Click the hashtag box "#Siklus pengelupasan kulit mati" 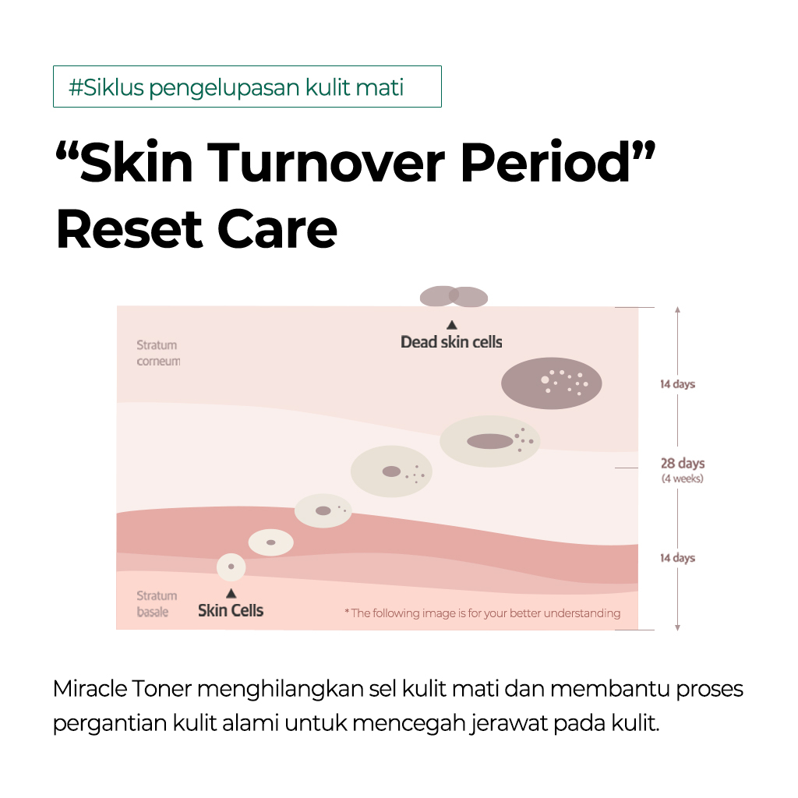click(x=247, y=87)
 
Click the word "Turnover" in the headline click(x=326, y=162)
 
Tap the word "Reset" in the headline click(x=130, y=230)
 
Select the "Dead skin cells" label click(x=451, y=342)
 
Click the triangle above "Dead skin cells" click(x=451, y=325)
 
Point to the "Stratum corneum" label click(x=158, y=353)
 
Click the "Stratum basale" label click(x=157, y=604)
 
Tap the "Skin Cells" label click(x=231, y=610)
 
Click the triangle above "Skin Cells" click(x=231, y=593)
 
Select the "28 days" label click(x=683, y=463)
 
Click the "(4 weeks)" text click(x=683, y=478)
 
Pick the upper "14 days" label click(x=677, y=384)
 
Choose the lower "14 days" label click(x=677, y=558)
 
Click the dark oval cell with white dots click(x=552, y=383)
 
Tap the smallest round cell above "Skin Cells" click(x=231, y=567)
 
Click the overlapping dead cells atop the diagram click(x=454, y=296)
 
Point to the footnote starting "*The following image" click(x=482, y=613)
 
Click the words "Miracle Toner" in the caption click(x=122, y=689)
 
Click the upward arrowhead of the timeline click(x=677, y=309)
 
